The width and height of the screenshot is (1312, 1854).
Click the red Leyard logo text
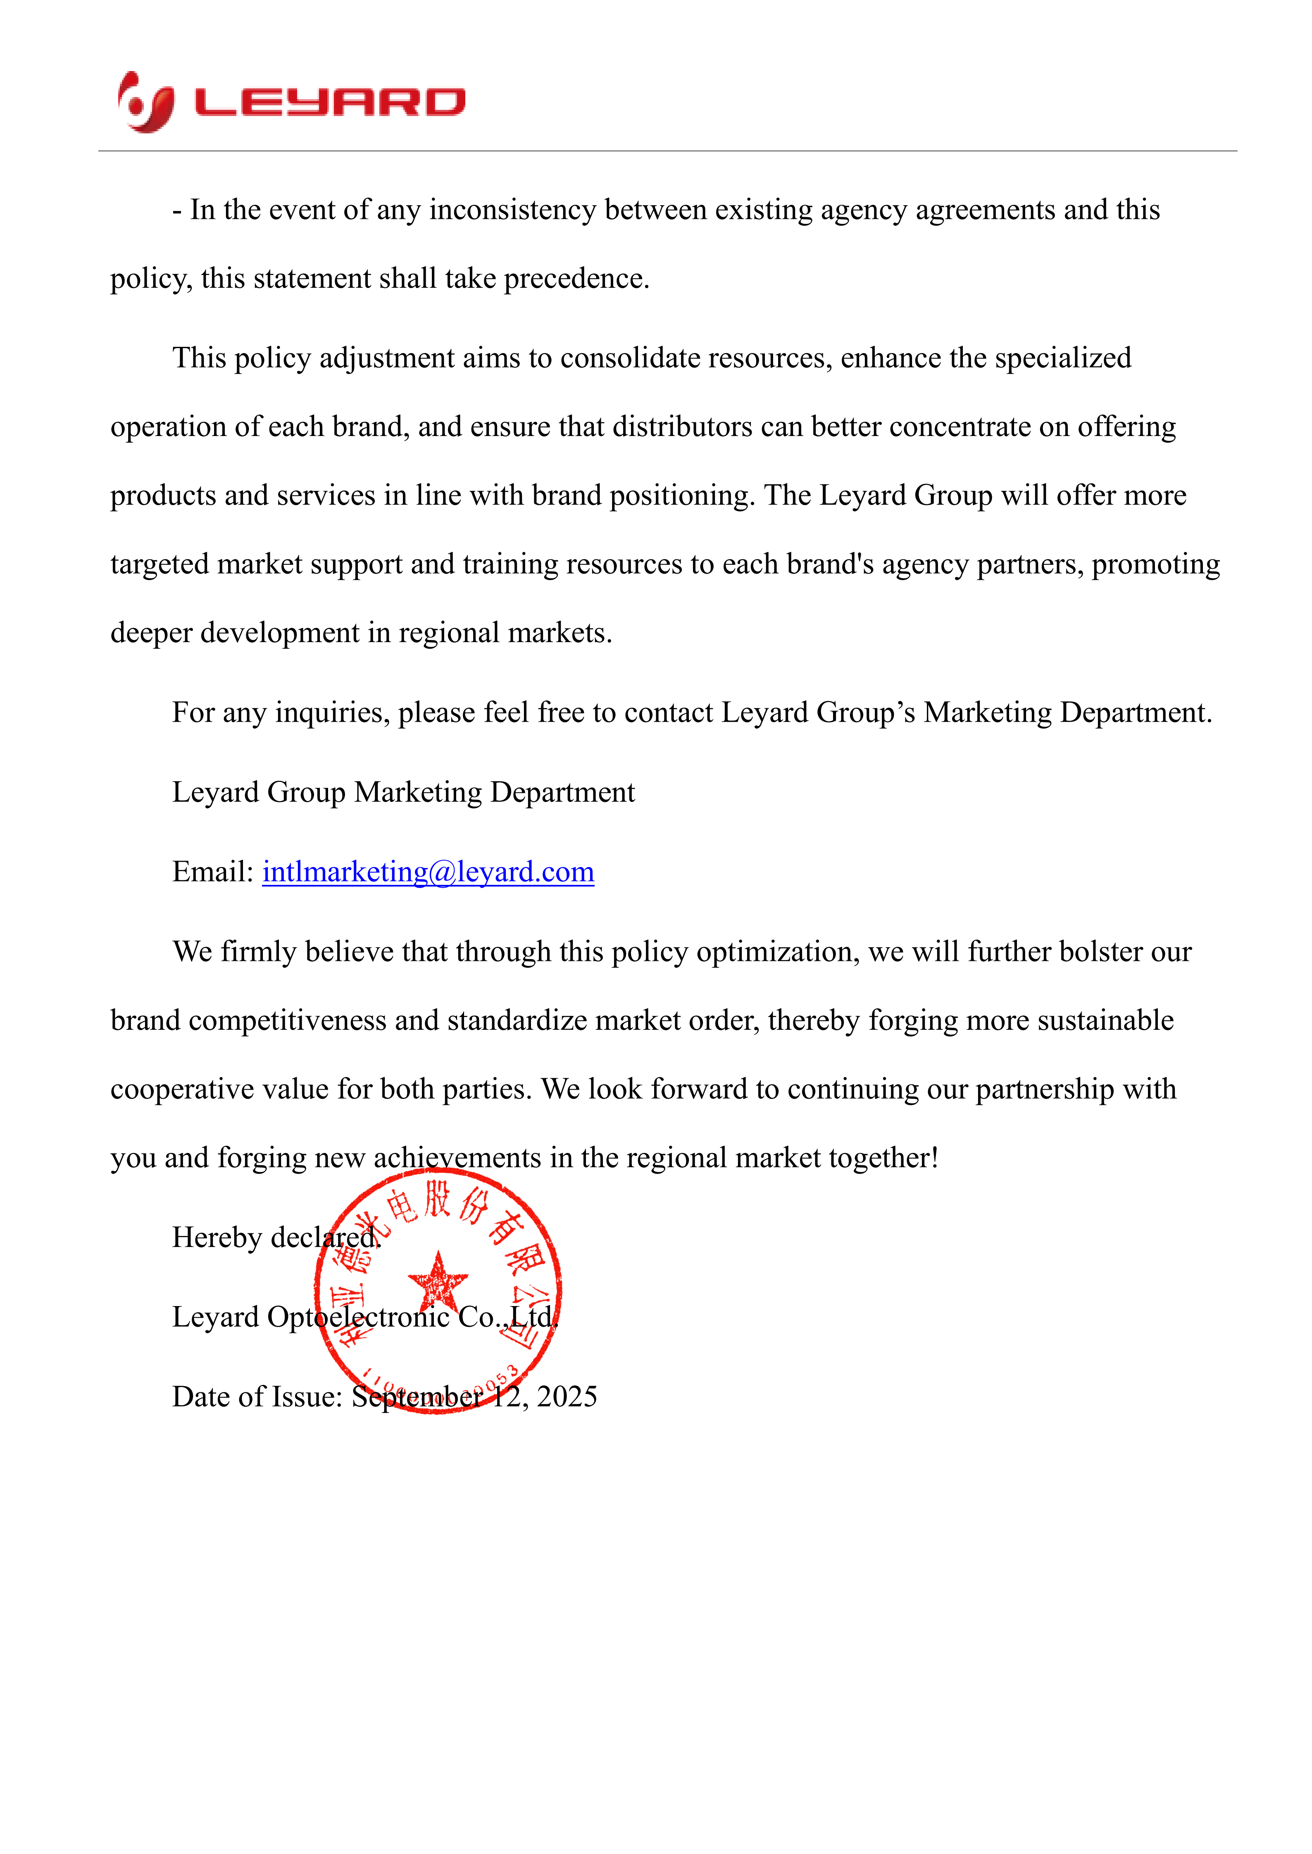point(330,102)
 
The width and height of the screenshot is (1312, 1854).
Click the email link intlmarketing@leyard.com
point(428,872)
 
